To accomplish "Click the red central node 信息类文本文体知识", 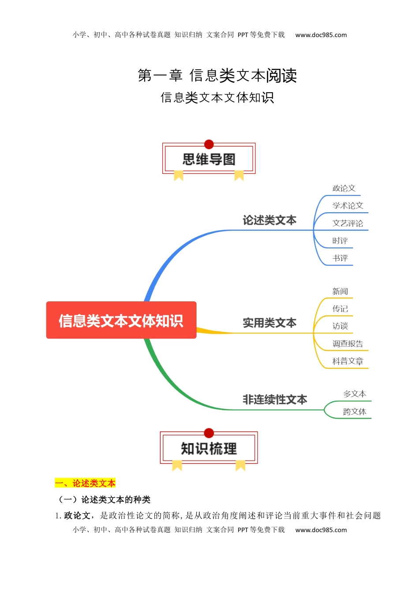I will (x=121, y=320).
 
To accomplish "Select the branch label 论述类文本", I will (x=269, y=220).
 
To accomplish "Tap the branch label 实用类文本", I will (x=269, y=323).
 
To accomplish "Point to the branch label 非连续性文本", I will (x=275, y=400).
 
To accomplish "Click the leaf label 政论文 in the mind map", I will (x=344, y=188).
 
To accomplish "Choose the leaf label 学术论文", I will (x=348, y=206).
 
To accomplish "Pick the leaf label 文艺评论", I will (x=348, y=223).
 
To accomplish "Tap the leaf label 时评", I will (x=340, y=241).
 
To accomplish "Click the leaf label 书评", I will (x=340, y=258).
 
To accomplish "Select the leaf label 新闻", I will (x=340, y=291).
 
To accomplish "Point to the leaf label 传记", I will (x=340, y=309).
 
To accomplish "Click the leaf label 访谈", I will (x=340, y=326).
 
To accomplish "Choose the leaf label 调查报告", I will (x=348, y=344).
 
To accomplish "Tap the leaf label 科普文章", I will (x=348, y=361).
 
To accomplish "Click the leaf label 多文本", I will (x=355, y=394).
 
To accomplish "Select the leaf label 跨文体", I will (x=355, y=412).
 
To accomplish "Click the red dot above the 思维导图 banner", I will (x=209, y=144).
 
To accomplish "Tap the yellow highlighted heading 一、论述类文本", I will (x=85, y=483).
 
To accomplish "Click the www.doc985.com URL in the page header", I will (x=321, y=35).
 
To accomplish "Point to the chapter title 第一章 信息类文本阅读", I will (x=217, y=75).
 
